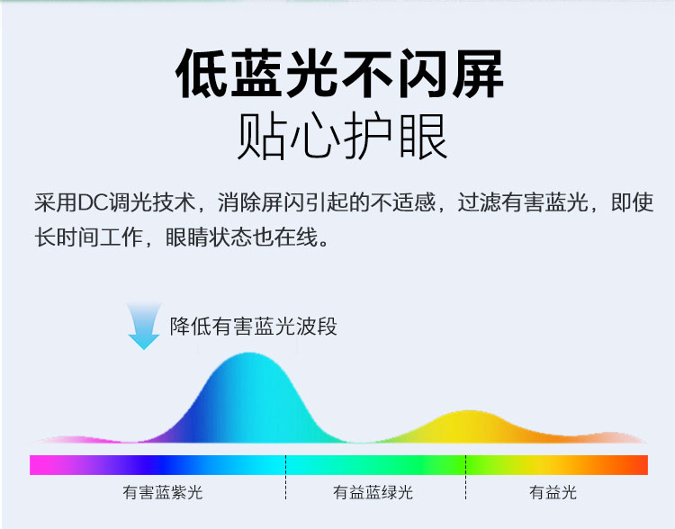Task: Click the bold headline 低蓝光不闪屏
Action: (339, 73)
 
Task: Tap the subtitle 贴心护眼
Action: (343, 136)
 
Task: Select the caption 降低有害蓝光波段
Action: (254, 327)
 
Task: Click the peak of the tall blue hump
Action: (249, 354)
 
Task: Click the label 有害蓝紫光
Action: (163, 492)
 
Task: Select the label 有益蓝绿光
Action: (373, 492)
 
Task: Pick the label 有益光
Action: (553, 492)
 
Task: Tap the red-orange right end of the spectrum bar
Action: (645, 465)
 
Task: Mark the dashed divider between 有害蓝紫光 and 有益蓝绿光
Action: (285, 477)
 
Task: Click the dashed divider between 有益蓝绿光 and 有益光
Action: (465, 477)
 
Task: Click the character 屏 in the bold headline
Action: (478, 73)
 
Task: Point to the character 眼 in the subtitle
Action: (424, 136)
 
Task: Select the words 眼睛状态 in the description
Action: (209, 238)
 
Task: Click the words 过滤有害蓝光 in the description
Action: (523, 202)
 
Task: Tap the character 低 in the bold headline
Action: (202, 73)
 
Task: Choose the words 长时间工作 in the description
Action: (89, 238)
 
